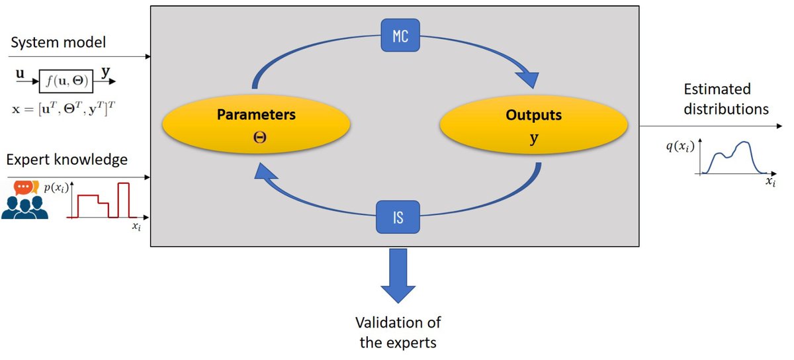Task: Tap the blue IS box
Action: click(x=398, y=216)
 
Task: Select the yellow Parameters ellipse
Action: click(x=256, y=127)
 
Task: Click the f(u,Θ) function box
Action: click(x=66, y=81)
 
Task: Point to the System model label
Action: click(x=58, y=44)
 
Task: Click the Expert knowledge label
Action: click(x=66, y=159)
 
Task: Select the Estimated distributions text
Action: click(x=726, y=99)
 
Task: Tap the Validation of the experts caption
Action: click(x=398, y=332)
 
